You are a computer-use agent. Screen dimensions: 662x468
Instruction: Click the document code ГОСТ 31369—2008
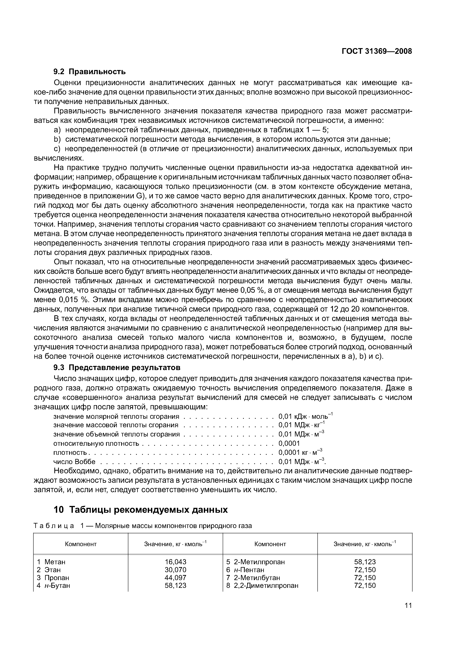[377, 51]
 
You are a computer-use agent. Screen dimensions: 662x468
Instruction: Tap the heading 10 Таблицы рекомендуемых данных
[141, 510]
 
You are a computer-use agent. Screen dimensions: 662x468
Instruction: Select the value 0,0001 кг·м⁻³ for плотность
[300, 453]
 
